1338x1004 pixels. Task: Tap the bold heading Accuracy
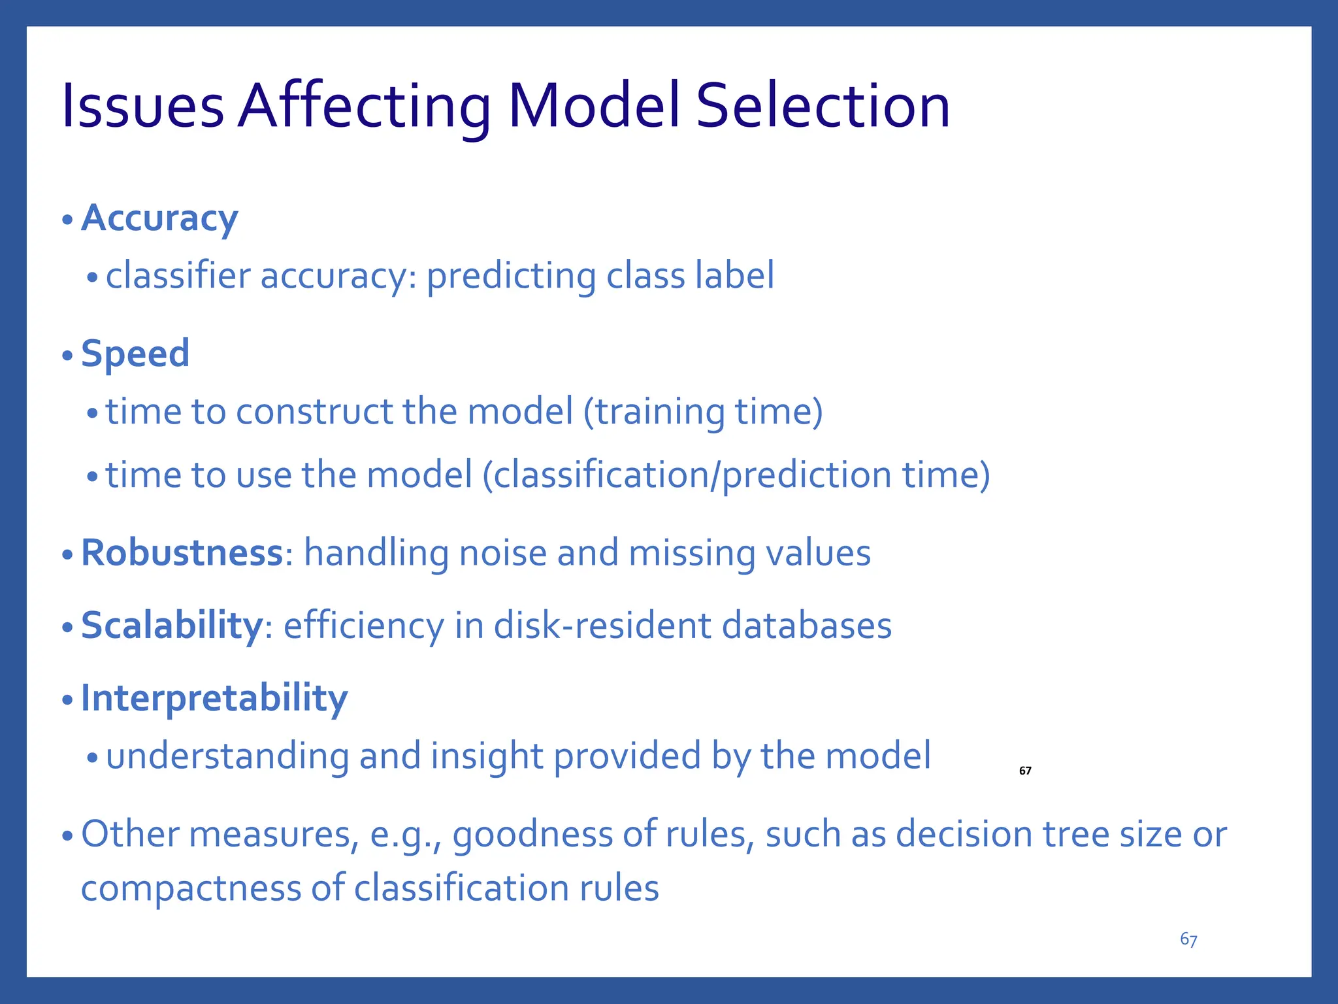[x=159, y=218]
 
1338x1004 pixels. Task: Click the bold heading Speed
[x=135, y=354]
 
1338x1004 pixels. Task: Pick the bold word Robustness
[x=182, y=553]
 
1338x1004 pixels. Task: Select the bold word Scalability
[x=171, y=626]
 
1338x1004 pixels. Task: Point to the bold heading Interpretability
[x=214, y=698]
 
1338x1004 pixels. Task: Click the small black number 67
[x=1025, y=771]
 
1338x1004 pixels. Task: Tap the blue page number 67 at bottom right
[x=1188, y=939]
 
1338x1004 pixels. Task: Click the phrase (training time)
[x=702, y=412]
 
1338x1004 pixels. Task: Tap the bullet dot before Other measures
[x=67, y=836]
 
